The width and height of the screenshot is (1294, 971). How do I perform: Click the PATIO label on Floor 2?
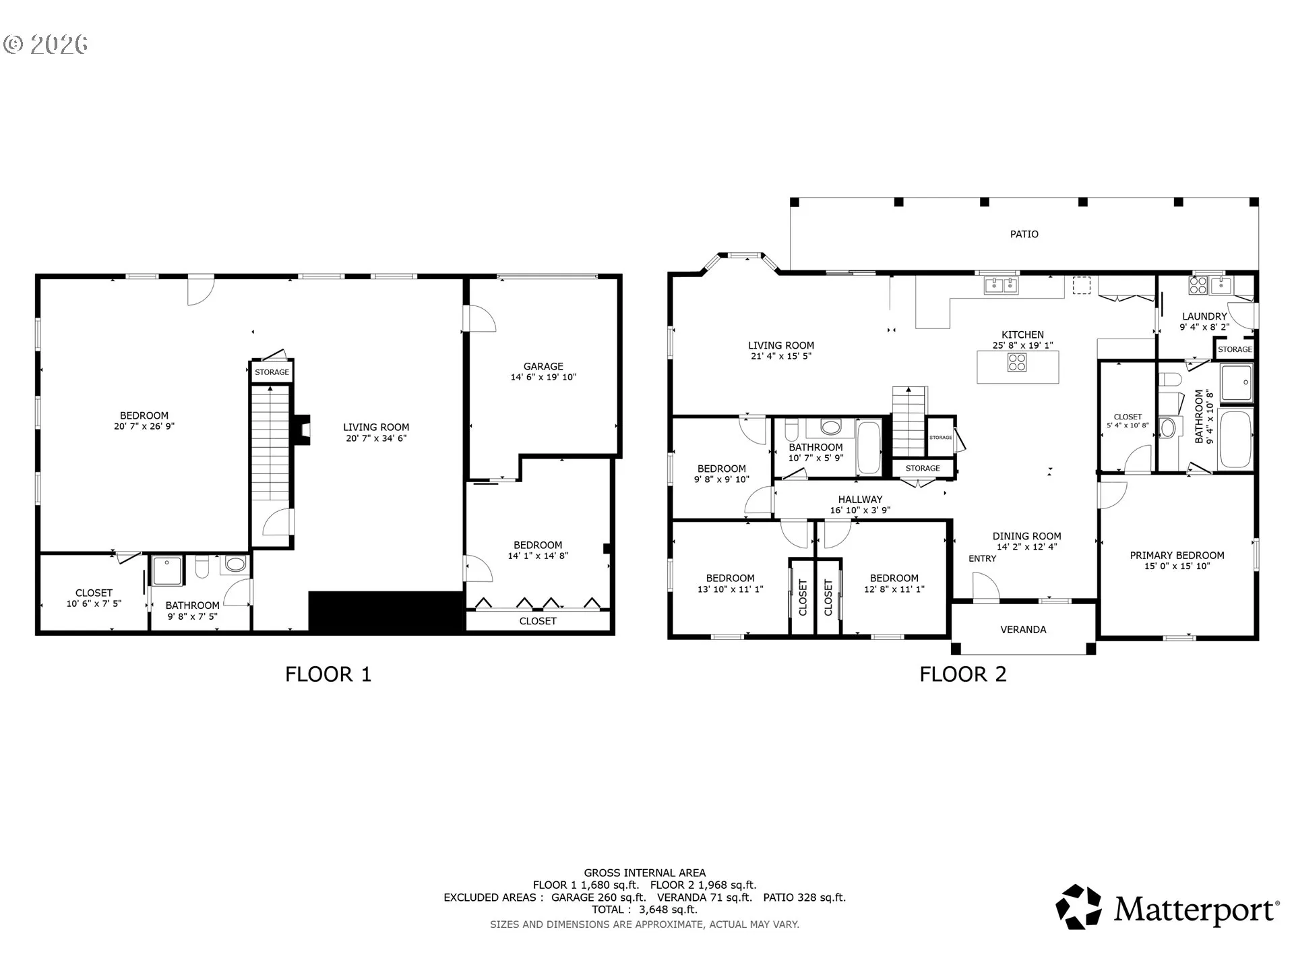pos(1024,234)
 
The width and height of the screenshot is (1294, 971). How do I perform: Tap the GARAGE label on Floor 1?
pos(543,367)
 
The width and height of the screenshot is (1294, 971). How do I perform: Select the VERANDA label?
pos(1023,630)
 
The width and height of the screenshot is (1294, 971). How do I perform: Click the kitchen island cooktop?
pos(1017,363)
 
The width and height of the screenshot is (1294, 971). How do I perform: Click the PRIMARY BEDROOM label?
pos(1177,556)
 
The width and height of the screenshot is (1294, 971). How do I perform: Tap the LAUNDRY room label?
pos(1204,316)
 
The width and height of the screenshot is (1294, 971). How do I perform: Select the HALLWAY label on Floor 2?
pos(860,500)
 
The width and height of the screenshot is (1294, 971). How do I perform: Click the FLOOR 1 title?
pos(328,674)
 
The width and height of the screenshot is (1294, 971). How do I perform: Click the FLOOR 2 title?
pos(963,674)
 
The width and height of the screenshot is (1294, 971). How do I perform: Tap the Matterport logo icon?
pos(1078,907)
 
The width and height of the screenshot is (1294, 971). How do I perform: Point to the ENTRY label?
pos(982,558)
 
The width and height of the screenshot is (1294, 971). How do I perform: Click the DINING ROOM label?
pos(1026,537)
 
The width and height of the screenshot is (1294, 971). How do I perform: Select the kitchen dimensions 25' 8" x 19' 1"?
pos(1022,345)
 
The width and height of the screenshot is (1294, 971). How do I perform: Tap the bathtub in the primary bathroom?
pos(1235,440)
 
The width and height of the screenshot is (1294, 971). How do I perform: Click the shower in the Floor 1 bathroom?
pos(167,571)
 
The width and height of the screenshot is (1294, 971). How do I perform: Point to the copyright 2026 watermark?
pos(46,45)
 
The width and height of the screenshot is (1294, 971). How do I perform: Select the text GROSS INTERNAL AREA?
pos(645,873)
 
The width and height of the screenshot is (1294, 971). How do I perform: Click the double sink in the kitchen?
pos(1001,286)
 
